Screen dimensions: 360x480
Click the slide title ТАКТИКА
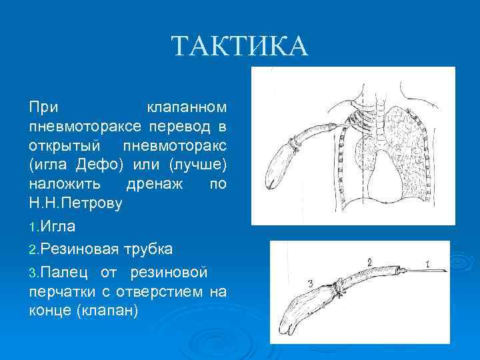click(240, 47)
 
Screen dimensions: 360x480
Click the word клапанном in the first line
click(186, 107)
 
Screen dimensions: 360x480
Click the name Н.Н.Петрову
click(75, 203)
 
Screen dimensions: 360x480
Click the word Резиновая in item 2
click(79, 249)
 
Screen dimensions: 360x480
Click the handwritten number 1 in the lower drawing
click(427, 263)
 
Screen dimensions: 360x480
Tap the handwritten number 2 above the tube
click(369, 259)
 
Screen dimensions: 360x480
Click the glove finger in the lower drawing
click(310, 313)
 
